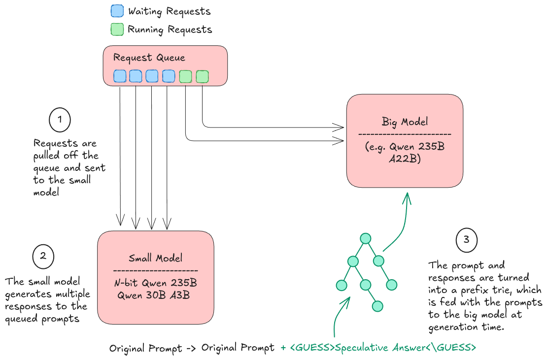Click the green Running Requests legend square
tap(117, 30)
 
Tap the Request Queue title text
tap(149, 58)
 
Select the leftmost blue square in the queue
tap(120, 76)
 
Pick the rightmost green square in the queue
tap(202, 76)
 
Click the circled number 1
tap(60, 120)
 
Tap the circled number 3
tap(466, 240)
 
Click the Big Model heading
tap(405, 121)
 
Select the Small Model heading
tap(155, 258)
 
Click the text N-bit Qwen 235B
tap(155, 284)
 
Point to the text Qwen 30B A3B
tap(154, 295)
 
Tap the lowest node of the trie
tap(377, 306)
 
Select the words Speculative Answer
tap(380, 348)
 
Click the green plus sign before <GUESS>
tap(283, 348)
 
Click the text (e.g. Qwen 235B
tap(405, 147)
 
